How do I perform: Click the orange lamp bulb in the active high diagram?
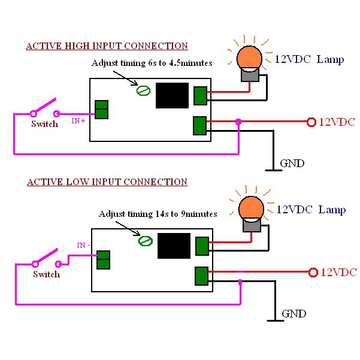tap(249, 58)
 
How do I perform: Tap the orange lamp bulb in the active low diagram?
tap(251, 208)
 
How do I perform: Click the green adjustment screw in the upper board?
tap(143, 90)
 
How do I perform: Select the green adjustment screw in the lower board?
tap(146, 241)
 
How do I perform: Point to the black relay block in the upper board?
tap(172, 95)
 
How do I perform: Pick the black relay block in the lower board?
tap(174, 246)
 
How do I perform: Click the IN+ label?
tap(78, 121)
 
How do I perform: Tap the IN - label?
tap(83, 246)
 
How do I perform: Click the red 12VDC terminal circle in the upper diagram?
tap(311, 122)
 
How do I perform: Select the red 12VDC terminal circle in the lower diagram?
tap(313, 273)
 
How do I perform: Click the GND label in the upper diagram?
tap(292, 164)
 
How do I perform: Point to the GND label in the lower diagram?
tap(294, 314)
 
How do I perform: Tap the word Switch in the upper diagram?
tap(45, 124)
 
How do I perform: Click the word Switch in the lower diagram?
tap(47, 274)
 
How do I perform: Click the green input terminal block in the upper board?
tap(101, 110)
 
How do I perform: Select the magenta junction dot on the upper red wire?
tap(238, 122)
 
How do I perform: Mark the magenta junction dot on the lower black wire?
tap(240, 282)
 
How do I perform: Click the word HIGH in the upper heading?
tap(77, 46)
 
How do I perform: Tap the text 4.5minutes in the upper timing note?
tap(190, 63)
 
